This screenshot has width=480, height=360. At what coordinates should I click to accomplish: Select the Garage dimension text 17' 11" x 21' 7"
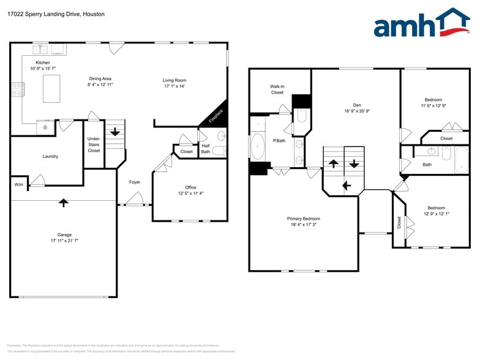[x=64, y=241]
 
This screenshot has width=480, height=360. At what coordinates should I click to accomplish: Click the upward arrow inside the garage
[x=63, y=203]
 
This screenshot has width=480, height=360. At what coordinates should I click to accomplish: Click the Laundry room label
[x=50, y=156]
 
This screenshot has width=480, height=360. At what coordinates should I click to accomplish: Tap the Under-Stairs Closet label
[x=94, y=144]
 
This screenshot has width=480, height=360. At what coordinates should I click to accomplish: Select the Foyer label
[x=134, y=182]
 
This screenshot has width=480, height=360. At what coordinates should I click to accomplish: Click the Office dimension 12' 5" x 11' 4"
[x=190, y=193]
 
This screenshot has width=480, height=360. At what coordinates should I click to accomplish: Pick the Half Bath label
[x=206, y=148]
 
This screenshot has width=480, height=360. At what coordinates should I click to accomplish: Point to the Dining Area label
[x=100, y=78]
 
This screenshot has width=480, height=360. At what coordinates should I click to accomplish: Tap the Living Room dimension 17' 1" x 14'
[x=174, y=86]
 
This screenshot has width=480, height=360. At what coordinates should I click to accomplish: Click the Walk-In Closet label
[x=277, y=89]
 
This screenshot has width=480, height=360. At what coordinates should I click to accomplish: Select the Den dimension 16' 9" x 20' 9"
[x=356, y=111]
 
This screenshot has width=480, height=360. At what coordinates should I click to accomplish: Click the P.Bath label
[x=279, y=141]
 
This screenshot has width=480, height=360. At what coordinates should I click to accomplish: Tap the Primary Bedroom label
[x=303, y=219]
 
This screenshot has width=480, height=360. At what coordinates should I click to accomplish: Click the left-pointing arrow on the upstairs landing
[x=346, y=186]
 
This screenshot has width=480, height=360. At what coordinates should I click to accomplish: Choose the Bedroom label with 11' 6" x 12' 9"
[x=433, y=99]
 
